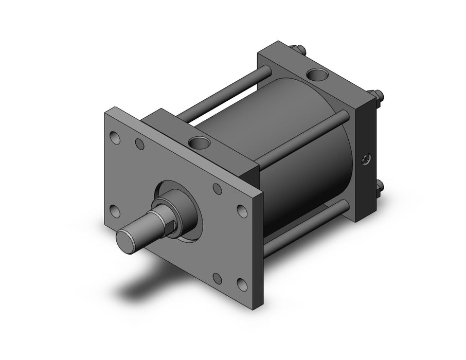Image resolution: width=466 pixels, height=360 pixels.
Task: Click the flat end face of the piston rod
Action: tap(127, 238)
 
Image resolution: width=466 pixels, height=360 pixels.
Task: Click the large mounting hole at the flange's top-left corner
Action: tap(116, 138)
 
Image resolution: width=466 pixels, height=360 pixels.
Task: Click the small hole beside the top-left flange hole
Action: tap(139, 145)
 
